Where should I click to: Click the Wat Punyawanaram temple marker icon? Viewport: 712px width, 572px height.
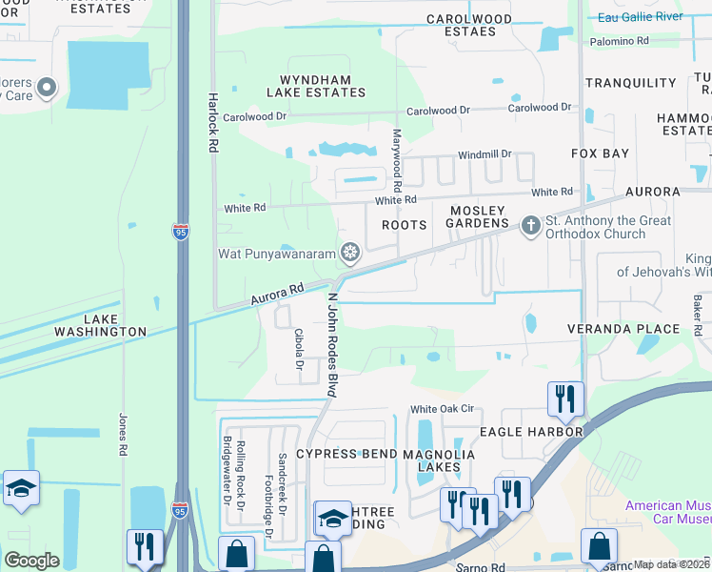[x=350, y=252]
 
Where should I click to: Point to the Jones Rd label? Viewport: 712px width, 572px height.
[x=123, y=433]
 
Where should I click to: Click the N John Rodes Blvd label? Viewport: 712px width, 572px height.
[x=333, y=344]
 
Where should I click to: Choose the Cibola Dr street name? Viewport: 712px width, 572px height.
[x=299, y=352]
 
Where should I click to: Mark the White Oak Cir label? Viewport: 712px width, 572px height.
[x=441, y=409]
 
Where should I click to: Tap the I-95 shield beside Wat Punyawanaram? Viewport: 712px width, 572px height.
[x=181, y=231]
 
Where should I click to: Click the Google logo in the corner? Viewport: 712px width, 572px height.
[x=31, y=560]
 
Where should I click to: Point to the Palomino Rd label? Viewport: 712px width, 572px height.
[x=620, y=41]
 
